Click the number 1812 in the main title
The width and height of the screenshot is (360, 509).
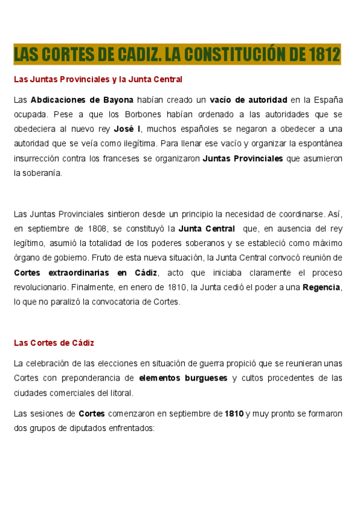click(325, 55)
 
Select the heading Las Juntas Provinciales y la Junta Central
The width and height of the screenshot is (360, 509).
click(98, 79)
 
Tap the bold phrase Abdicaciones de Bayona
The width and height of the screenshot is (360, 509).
click(82, 99)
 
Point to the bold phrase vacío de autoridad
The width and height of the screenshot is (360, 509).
click(248, 99)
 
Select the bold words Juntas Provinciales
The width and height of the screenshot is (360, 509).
click(243, 158)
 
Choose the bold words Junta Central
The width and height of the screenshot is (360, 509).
click(207, 228)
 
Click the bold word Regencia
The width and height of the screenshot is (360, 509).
click(322, 288)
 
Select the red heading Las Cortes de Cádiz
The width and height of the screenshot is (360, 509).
click(54, 343)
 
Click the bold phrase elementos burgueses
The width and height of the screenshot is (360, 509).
click(183, 378)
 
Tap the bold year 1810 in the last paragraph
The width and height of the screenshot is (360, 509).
click(234, 414)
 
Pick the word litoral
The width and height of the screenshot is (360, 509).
click(121, 393)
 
